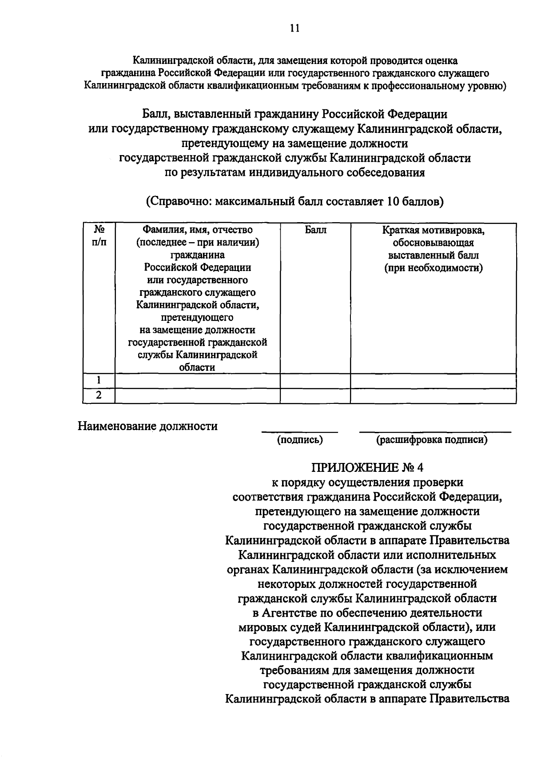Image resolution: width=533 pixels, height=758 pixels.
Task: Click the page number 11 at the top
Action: click(x=294, y=28)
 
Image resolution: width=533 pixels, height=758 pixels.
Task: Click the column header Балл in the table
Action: click(x=315, y=230)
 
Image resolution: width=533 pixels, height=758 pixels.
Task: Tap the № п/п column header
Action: click(x=99, y=236)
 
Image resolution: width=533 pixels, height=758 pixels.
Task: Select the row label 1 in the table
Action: click(x=99, y=380)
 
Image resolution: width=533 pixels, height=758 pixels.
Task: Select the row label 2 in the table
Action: click(x=99, y=395)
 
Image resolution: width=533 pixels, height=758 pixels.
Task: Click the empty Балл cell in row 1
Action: click(x=315, y=380)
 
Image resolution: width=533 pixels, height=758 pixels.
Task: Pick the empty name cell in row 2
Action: click(x=197, y=395)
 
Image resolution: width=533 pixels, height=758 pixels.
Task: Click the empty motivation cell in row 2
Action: click(x=433, y=395)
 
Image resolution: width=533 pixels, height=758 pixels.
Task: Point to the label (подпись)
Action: click(x=300, y=440)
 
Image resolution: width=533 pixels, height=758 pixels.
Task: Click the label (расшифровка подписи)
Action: click(x=432, y=440)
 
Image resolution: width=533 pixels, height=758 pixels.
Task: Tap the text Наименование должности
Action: click(x=148, y=426)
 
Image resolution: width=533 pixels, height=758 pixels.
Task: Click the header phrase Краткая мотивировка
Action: click(x=433, y=230)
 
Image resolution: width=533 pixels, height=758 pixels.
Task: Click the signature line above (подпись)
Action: click(x=300, y=431)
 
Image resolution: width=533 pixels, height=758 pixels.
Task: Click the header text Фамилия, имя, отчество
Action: click(x=197, y=230)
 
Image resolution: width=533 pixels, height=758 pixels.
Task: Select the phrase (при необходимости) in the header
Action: click(x=433, y=268)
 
